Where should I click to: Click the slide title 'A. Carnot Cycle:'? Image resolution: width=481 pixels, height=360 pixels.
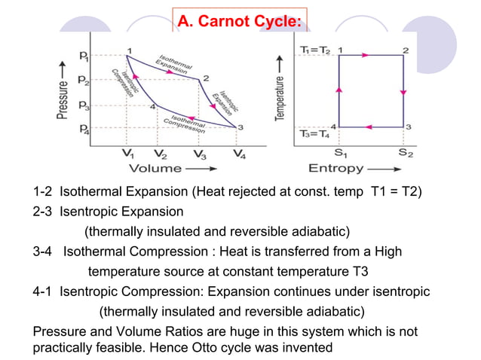click(x=240, y=23)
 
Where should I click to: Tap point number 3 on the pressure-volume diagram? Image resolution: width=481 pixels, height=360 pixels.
click(x=240, y=127)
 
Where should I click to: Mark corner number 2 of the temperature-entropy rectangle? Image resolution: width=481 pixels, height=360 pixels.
click(x=406, y=50)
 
